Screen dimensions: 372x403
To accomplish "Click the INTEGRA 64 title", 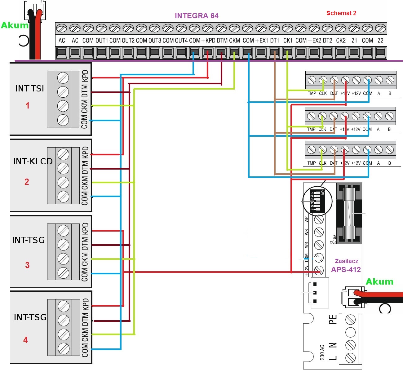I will click(197, 16).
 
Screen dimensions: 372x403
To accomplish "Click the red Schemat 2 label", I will click(341, 13).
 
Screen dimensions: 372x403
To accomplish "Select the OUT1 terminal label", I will click(102, 41).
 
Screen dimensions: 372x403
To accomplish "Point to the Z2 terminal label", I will click(380, 41).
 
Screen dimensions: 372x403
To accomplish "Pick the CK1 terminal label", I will click(288, 41).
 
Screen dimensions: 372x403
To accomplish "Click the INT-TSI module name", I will click(30, 89).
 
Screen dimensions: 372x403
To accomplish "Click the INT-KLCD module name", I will click(33, 161).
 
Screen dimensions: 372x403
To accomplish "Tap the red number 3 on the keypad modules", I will click(27, 265).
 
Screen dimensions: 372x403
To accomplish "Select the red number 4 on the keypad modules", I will click(25, 340).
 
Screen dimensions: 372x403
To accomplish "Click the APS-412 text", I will click(346, 270).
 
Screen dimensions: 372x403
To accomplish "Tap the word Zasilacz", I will click(346, 261).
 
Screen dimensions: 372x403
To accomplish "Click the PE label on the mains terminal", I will click(333, 320).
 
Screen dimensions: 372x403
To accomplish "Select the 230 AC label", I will click(322, 352).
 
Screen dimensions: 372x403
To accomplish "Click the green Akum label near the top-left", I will click(15, 25).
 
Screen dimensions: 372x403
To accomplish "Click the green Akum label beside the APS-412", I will click(379, 281).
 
